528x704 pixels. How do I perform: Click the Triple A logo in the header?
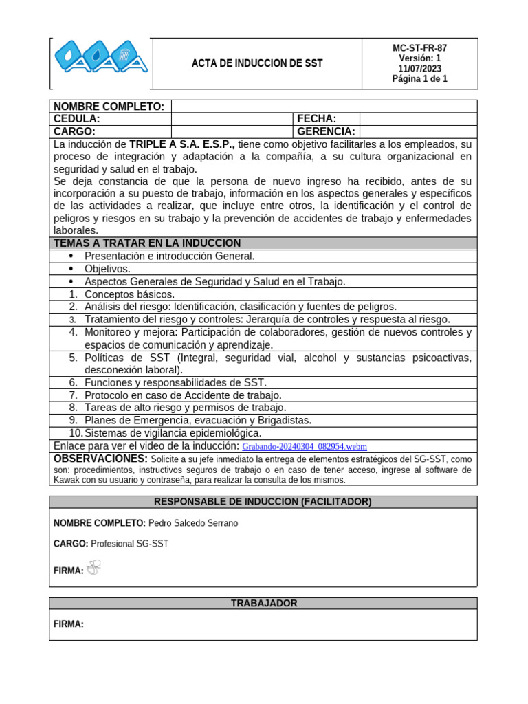pos(100,63)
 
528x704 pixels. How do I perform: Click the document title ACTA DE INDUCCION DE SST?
pos(256,64)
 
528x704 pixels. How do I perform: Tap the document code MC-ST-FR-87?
pos(419,48)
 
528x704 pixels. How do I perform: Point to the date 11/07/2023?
pos(419,69)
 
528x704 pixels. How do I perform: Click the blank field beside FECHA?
pos(417,119)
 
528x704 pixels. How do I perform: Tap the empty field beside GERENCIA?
pos(417,131)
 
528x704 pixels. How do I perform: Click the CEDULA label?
pos(77,119)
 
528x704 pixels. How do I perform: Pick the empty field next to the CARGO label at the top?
pos(232,131)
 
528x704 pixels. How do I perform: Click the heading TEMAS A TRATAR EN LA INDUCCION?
pos(147,243)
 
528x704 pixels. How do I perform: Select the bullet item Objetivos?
pos(107,269)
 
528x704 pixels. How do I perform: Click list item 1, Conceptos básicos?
pos(129,294)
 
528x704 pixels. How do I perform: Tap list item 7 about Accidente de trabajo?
pos(183,395)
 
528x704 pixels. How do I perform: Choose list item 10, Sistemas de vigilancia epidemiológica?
pos(173,433)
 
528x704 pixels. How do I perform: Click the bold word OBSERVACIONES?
pos(100,459)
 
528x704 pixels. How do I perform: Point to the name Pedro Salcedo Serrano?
pos(193,523)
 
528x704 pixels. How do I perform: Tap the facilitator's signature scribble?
pos(94,567)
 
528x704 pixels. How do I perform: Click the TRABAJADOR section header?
pos(263,603)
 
